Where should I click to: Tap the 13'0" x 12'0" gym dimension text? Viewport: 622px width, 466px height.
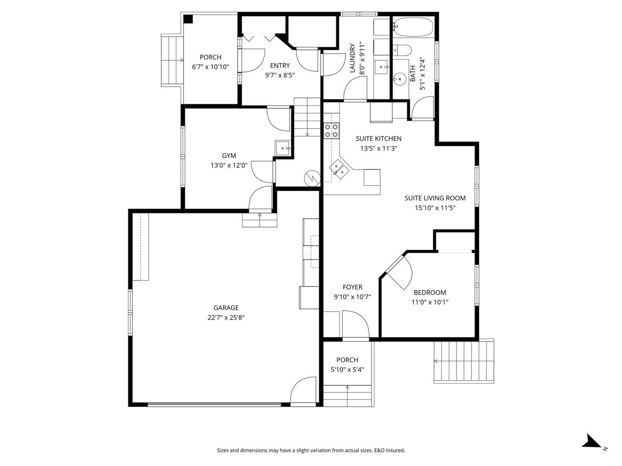point(229,165)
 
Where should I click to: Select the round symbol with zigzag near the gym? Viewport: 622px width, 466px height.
point(312,178)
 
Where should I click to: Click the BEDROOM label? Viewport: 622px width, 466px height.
point(430,292)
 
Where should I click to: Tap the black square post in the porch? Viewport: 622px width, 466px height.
point(188,19)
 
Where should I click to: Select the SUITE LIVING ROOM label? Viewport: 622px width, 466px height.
point(435,198)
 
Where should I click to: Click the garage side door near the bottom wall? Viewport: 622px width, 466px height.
point(303,390)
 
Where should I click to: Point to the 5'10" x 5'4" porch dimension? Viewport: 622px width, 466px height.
point(347,369)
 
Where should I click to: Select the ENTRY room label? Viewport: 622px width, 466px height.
point(280,65)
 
